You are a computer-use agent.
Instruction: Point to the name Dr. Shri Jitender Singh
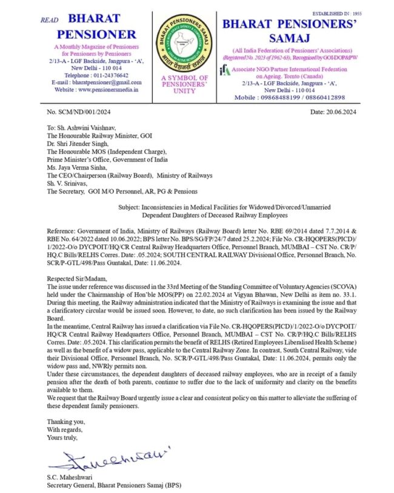click(x=74, y=145)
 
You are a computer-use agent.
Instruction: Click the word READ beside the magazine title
click(x=49, y=20)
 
